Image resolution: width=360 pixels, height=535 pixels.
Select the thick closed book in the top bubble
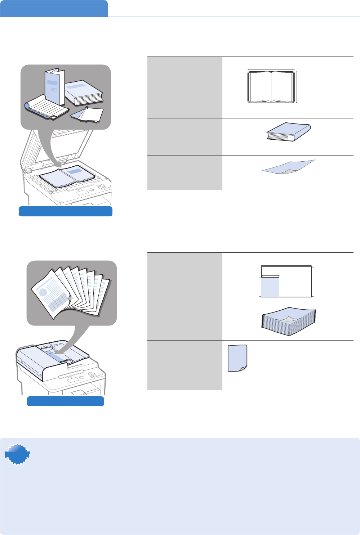[x=84, y=93]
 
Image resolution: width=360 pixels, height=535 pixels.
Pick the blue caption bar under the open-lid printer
[x=65, y=211]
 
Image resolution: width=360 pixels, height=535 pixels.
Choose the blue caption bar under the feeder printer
[x=66, y=401]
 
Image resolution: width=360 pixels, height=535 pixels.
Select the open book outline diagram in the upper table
[x=271, y=87]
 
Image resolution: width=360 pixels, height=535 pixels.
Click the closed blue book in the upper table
[x=288, y=132]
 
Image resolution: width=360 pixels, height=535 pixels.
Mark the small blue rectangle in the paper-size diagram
[x=270, y=287]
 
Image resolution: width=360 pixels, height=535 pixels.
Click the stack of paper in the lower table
[x=288, y=321]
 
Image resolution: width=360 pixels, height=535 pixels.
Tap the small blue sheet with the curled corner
[x=237, y=358]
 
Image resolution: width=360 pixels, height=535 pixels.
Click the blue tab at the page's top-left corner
[x=54, y=9]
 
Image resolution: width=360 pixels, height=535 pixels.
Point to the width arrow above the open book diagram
[x=271, y=69]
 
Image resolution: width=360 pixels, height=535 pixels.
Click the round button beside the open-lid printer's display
[x=91, y=190]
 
